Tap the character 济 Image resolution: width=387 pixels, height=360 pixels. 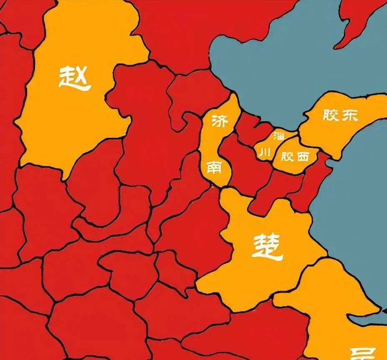220,122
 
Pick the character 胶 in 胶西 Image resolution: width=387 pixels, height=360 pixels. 287,157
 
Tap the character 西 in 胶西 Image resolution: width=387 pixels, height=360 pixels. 303,157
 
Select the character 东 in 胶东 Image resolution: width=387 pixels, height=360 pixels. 350,116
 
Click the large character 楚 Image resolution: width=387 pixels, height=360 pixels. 268,246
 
